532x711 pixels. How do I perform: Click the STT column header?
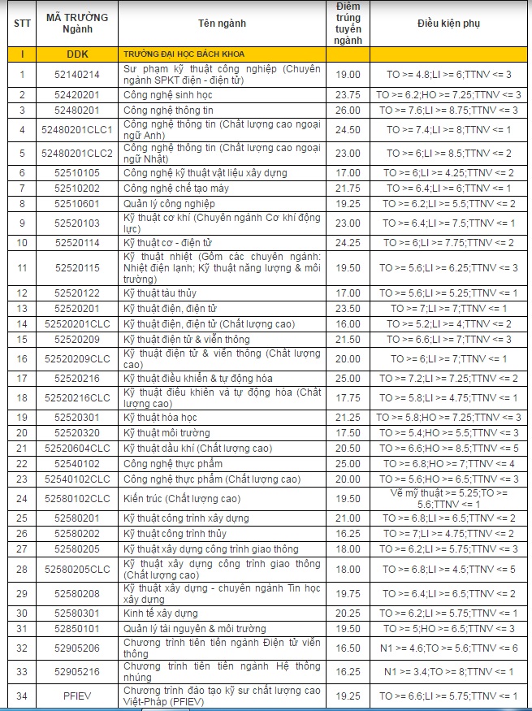tap(22, 23)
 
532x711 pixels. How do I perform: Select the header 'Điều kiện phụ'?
tap(448, 23)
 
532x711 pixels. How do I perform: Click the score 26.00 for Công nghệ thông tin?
tap(348, 111)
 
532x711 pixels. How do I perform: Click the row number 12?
tap(22, 293)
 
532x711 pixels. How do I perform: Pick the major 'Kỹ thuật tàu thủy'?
tap(160, 293)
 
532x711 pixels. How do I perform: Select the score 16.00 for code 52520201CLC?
tap(348, 323)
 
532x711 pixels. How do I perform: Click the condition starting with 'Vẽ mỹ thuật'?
tap(448, 498)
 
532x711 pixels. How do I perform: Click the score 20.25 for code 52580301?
tap(348, 613)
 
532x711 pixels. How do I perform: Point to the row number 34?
tap(22, 696)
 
